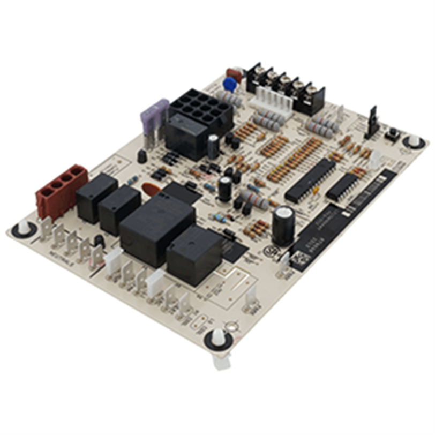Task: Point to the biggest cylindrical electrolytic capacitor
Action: click(283, 225)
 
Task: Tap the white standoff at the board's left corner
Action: click(24, 228)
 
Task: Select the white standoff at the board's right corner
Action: click(413, 141)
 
